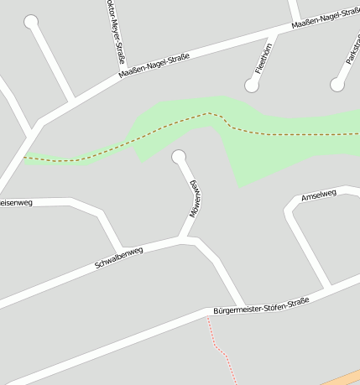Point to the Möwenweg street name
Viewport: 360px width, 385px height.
point(195,198)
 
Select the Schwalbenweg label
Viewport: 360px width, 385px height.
point(119,258)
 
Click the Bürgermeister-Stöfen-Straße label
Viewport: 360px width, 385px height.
point(261,306)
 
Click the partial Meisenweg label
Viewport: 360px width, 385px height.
point(15,202)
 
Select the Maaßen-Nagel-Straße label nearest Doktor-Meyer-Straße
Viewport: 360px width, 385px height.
point(155,65)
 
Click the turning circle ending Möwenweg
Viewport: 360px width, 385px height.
point(178,157)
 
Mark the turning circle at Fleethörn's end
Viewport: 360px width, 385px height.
point(251,85)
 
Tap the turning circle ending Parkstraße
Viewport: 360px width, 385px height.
point(337,85)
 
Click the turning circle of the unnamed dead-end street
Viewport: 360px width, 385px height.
point(32,22)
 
